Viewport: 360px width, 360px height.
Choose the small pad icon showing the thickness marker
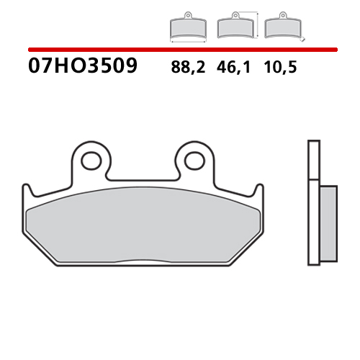pyautogui.click(x=279, y=27)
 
